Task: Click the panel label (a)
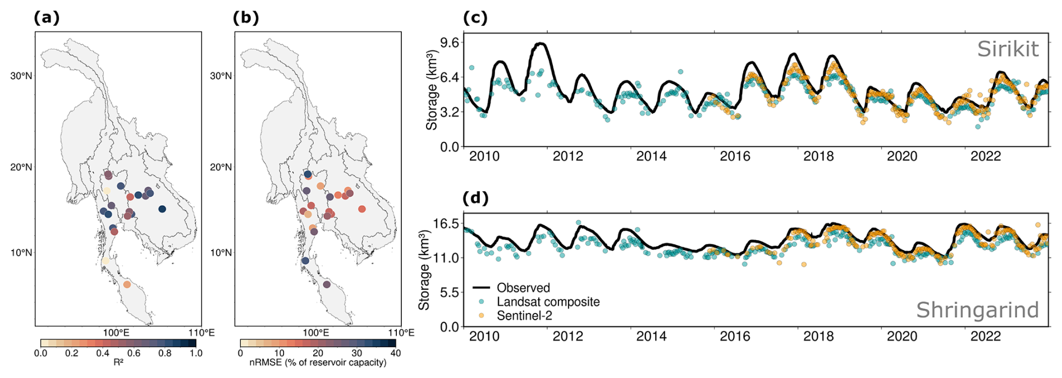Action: coord(47,18)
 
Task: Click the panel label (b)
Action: coord(246,18)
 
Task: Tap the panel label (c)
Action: coord(475,18)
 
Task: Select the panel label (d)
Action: coord(475,198)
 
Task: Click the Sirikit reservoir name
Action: coord(1008,49)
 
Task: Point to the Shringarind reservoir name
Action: coord(977,310)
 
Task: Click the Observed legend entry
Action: coord(523,288)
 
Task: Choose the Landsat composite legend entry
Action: coord(548,302)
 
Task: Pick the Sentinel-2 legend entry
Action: coord(524,316)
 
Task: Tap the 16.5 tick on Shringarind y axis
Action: coord(446,224)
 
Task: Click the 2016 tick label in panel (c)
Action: coord(735,156)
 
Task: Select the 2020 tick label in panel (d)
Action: coord(901,336)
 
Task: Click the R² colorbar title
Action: coord(118,362)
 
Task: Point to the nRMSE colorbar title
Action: coord(318,362)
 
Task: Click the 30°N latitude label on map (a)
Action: coord(21,76)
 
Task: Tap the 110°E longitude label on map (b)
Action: coord(401,333)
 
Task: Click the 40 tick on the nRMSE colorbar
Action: coord(396,353)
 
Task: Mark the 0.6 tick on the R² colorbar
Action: coord(134,353)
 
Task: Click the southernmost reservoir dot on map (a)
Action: coord(127,284)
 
